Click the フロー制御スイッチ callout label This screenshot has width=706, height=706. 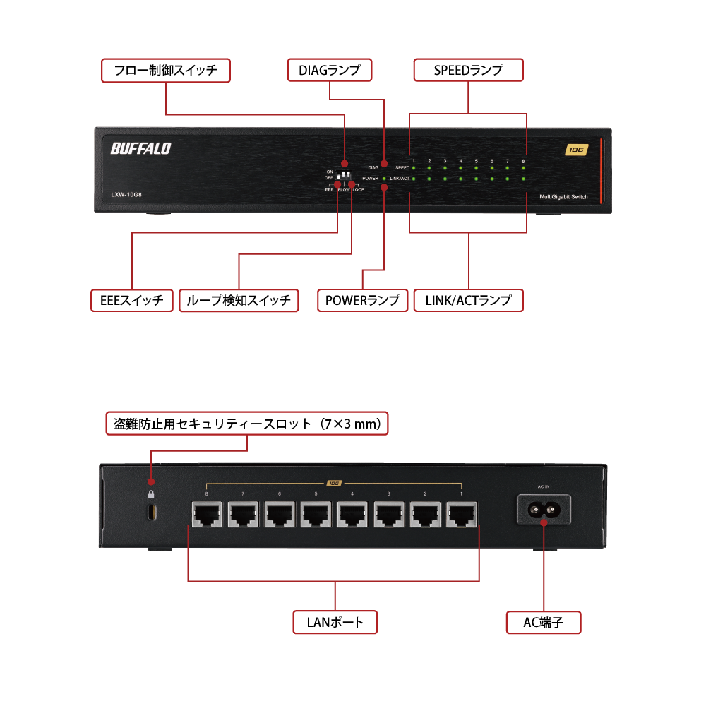tap(165, 71)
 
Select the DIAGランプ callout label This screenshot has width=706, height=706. tap(330, 71)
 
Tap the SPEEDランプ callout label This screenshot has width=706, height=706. tap(468, 71)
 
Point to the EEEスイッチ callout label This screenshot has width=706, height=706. tap(132, 300)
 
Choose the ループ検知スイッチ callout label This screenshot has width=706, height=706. tap(239, 300)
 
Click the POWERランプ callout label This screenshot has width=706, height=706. tap(362, 300)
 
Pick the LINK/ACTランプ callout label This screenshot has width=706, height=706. tap(468, 300)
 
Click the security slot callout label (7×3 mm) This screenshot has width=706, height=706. tap(247, 424)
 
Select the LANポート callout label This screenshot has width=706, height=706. tap(335, 622)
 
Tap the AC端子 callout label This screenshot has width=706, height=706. tap(544, 622)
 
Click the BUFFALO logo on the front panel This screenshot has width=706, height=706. tap(140, 148)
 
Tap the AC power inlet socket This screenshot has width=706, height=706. tap(544, 508)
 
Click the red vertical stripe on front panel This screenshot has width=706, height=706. tap(602, 171)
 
